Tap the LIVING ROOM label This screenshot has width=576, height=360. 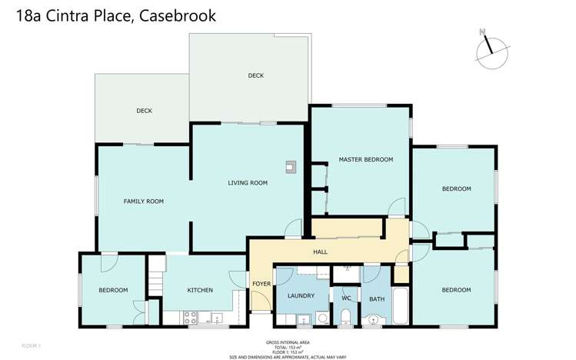click(x=248, y=183)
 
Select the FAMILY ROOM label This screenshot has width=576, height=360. click(x=144, y=201)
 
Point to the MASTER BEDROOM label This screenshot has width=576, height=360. click(x=365, y=160)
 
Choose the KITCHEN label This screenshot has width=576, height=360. click(x=200, y=290)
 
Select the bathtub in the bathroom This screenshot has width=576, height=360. click(x=401, y=307)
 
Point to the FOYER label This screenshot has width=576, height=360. click(x=261, y=284)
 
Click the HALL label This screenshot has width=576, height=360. click(x=321, y=252)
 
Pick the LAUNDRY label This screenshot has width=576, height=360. click(x=301, y=295)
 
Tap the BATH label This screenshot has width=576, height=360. click(x=376, y=299)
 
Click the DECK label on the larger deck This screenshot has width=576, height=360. click(x=255, y=75)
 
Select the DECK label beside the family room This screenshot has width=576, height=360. click(x=144, y=111)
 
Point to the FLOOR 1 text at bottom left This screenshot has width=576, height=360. click(x=31, y=345)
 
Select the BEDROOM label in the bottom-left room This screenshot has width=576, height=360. click(x=112, y=290)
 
